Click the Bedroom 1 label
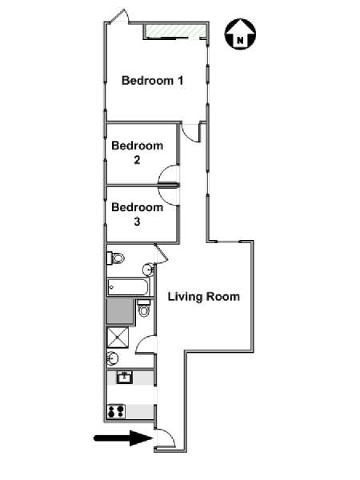(x=153, y=81)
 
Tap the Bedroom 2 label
(x=137, y=153)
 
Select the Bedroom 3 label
(x=137, y=214)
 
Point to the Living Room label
(x=203, y=297)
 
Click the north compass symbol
(x=240, y=34)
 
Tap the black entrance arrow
(x=123, y=438)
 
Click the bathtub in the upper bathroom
(x=128, y=287)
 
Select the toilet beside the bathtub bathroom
(x=115, y=258)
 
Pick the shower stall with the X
(x=118, y=338)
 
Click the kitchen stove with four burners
(x=116, y=411)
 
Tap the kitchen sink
(x=125, y=378)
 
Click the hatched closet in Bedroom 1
(x=174, y=31)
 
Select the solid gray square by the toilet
(x=119, y=311)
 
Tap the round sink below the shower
(x=113, y=358)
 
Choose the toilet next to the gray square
(x=144, y=308)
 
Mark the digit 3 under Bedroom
(x=137, y=222)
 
